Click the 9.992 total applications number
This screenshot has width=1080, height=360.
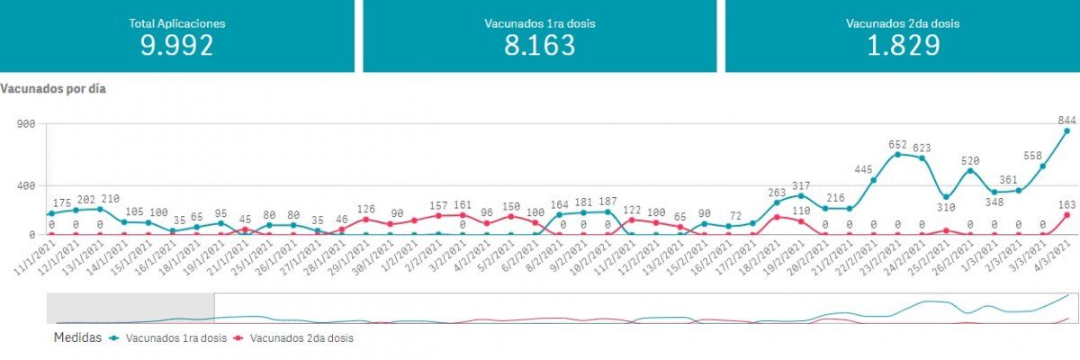click(177, 45)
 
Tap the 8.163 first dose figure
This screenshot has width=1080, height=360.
click(539, 45)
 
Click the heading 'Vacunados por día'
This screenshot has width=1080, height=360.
click(54, 89)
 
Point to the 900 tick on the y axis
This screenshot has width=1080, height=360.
click(25, 123)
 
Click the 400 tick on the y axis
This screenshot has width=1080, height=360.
click(25, 185)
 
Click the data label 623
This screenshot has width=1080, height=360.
click(922, 148)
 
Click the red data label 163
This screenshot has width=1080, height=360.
click(1068, 203)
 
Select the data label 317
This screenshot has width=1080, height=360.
click(800, 185)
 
